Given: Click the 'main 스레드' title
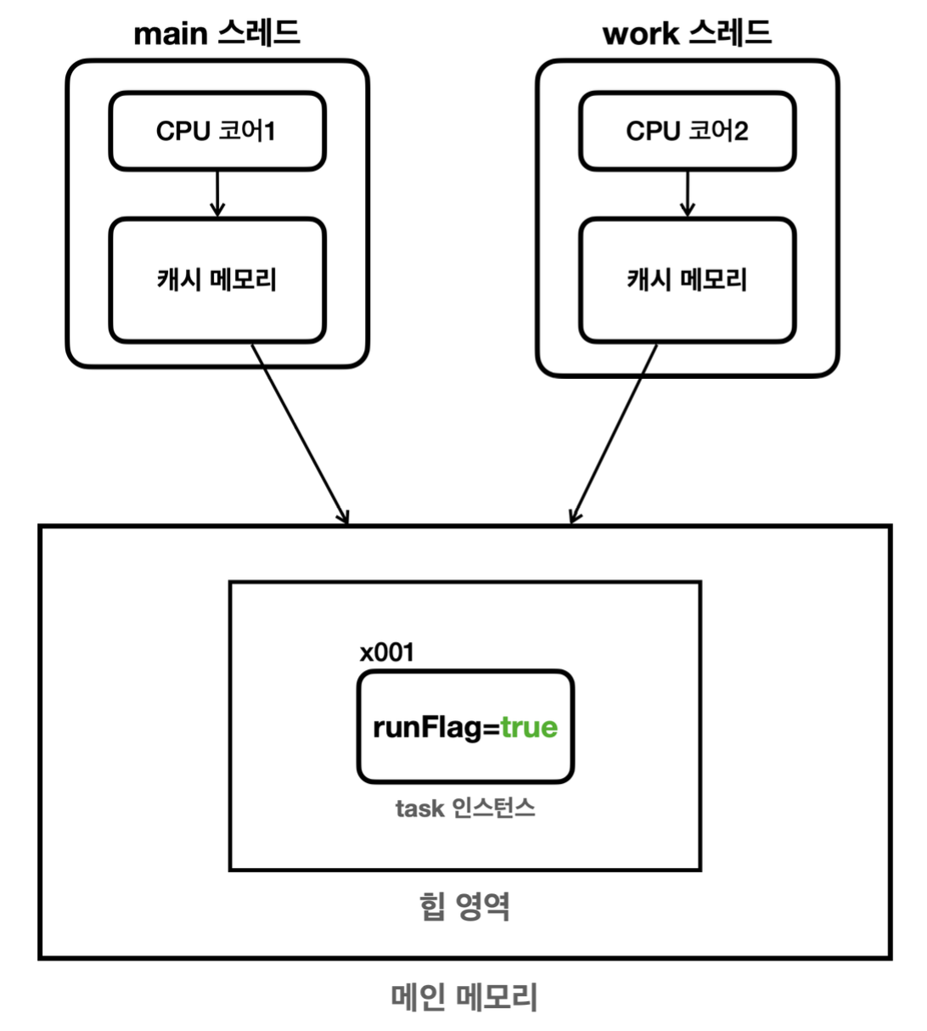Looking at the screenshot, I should click(x=216, y=33).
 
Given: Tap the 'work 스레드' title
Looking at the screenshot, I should click(x=687, y=33).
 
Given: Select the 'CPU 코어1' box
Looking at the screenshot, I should click(x=216, y=131).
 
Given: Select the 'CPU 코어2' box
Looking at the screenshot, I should click(x=687, y=131).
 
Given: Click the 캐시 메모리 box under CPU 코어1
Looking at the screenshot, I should click(x=216, y=279).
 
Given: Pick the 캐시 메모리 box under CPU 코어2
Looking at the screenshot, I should click(x=687, y=279).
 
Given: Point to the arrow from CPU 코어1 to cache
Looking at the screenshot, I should click(x=217, y=194).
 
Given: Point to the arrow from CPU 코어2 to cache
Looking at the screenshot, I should click(x=688, y=194).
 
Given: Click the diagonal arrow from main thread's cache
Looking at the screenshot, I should click(x=300, y=433).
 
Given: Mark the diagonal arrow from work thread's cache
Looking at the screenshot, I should click(x=614, y=433).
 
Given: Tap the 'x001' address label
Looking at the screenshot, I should click(x=387, y=652).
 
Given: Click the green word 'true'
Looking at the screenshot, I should click(x=529, y=727).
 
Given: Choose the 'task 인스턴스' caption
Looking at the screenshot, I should click(x=465, y=808).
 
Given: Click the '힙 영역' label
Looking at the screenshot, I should click(x=464, y=906).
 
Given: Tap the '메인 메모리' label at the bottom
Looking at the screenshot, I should click(x=464, y=996).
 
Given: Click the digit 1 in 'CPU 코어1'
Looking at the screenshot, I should click(x=269, y=131).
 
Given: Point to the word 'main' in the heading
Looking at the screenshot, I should click(x=170, y=34).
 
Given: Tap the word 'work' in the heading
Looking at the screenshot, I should click(x=640, y=34).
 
